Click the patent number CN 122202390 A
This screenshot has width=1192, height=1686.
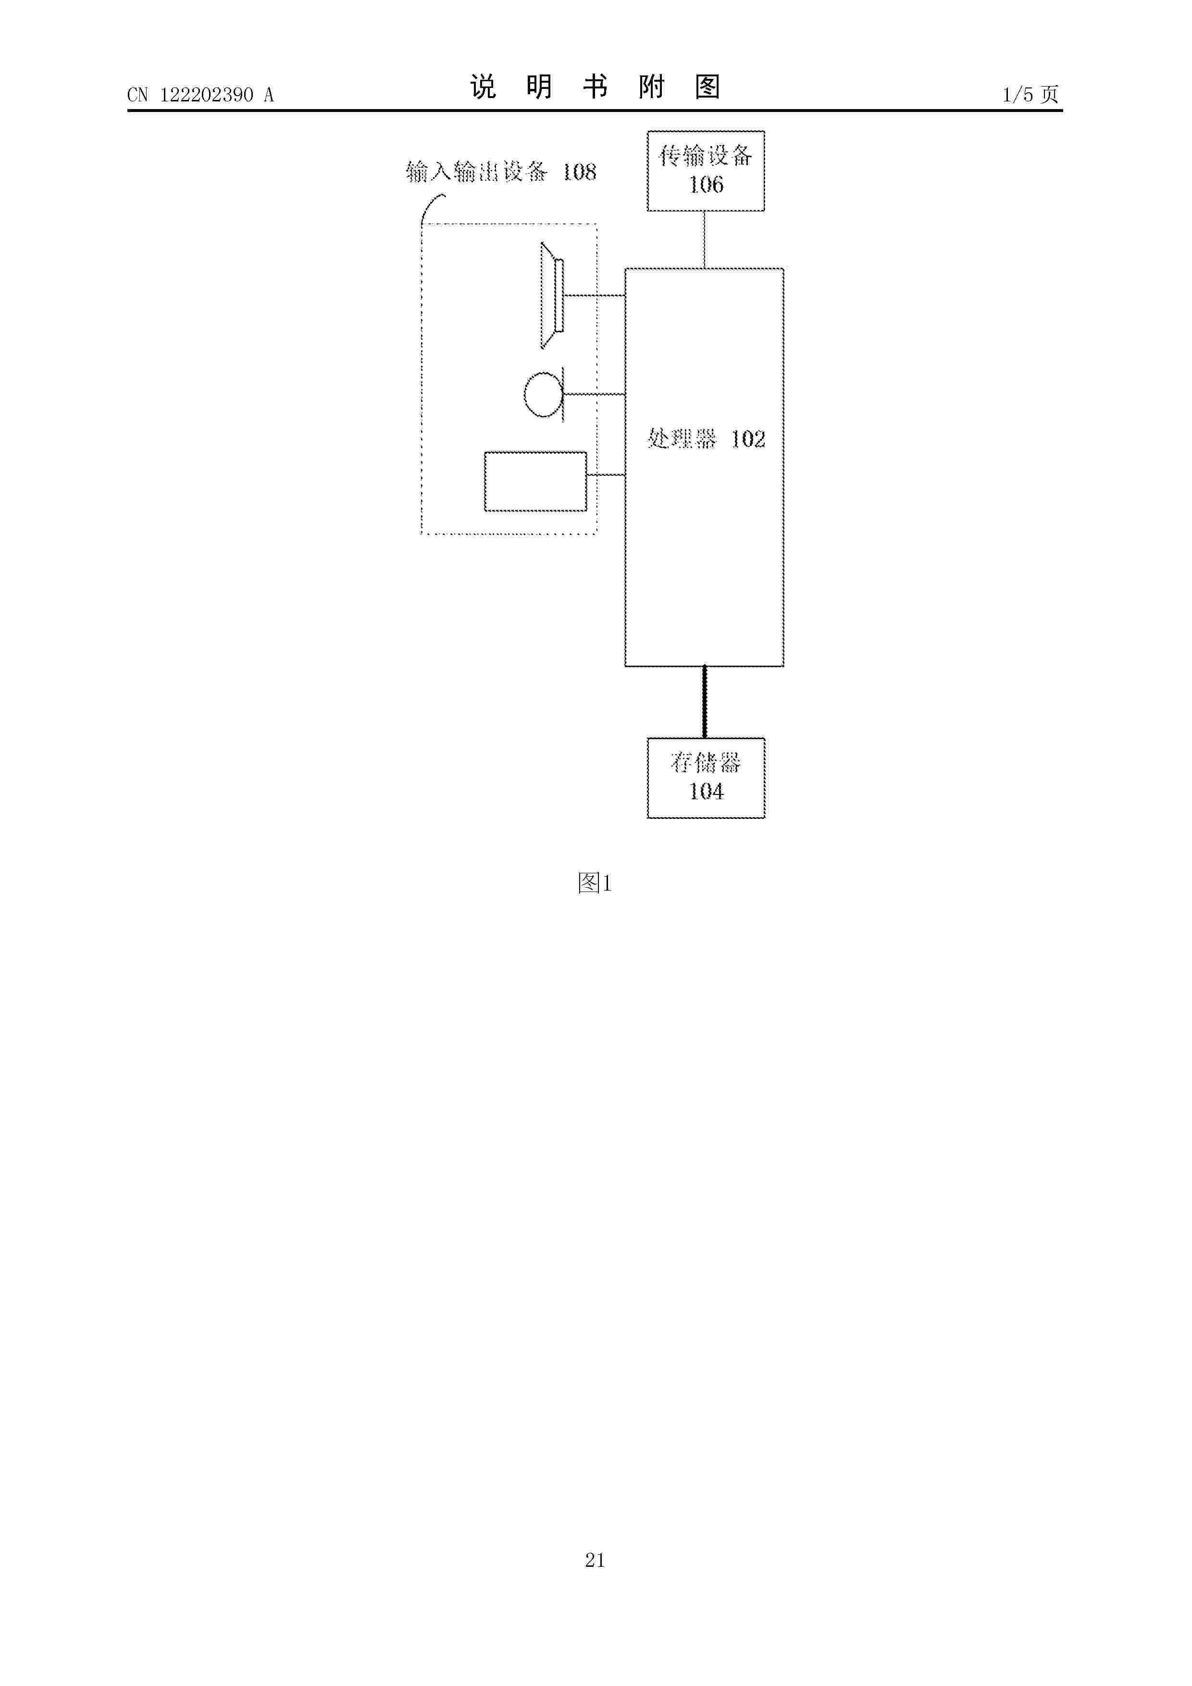coord(200,95)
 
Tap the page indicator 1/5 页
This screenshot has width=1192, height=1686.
coord(1031,94)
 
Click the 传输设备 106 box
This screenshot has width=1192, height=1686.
coord(705,171)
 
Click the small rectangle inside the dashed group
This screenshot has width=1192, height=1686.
coord(535,482)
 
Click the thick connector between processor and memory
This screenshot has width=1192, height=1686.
coord(705,702)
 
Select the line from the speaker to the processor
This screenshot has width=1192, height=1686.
coord(595,295)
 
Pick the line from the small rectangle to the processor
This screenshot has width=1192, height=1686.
coord(606,475)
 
